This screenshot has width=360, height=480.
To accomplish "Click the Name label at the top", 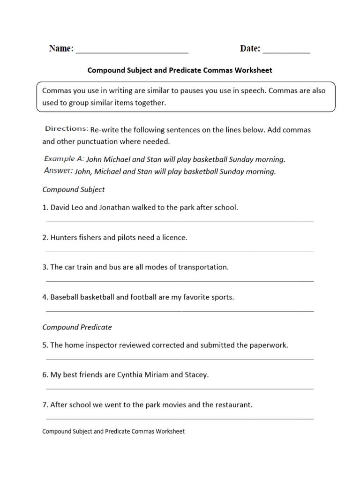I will click(61, 49).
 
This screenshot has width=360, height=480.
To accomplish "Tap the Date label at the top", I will click(250, 49).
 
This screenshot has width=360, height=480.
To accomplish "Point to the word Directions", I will click(67, 129).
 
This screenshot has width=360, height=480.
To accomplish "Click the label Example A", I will click(64, 159).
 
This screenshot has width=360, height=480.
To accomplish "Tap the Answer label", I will click(58, 171).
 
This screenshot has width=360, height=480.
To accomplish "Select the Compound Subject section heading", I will click(74, 189).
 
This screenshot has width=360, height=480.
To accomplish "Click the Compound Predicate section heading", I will click(77, 327).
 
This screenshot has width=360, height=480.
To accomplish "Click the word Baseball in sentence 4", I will click(65, 297).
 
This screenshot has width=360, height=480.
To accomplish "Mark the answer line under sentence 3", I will click(180, 281).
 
